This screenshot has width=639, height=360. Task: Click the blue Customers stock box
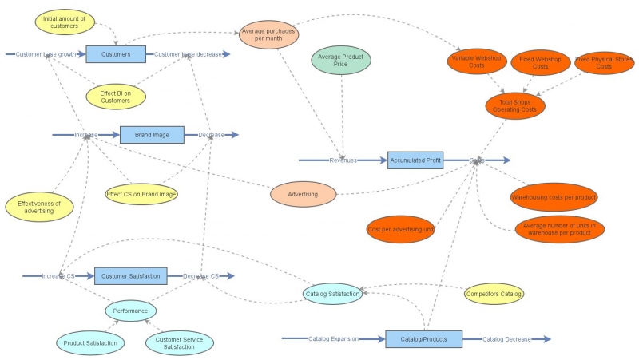[116, 54]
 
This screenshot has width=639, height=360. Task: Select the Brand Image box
[152, 135]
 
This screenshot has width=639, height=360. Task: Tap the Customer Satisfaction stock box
[131, 275]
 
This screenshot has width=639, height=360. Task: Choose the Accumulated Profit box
[415, 160]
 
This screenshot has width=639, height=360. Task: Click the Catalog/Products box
[423, 339]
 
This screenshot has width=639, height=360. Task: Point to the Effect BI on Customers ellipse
[115, 97]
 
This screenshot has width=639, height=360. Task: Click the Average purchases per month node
[268, 35]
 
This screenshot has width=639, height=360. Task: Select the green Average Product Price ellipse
[342, 62]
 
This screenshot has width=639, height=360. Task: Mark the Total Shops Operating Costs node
[515, 105]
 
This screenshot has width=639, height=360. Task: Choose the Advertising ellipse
[303, 194]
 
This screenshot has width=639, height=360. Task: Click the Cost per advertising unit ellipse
[400, 230]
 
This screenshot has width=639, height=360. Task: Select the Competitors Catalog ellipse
[494, 294]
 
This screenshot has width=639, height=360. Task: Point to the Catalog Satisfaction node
[333, 294]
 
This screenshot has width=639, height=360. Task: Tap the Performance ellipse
[130, 310]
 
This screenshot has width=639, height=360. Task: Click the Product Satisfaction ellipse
[91, 343]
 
